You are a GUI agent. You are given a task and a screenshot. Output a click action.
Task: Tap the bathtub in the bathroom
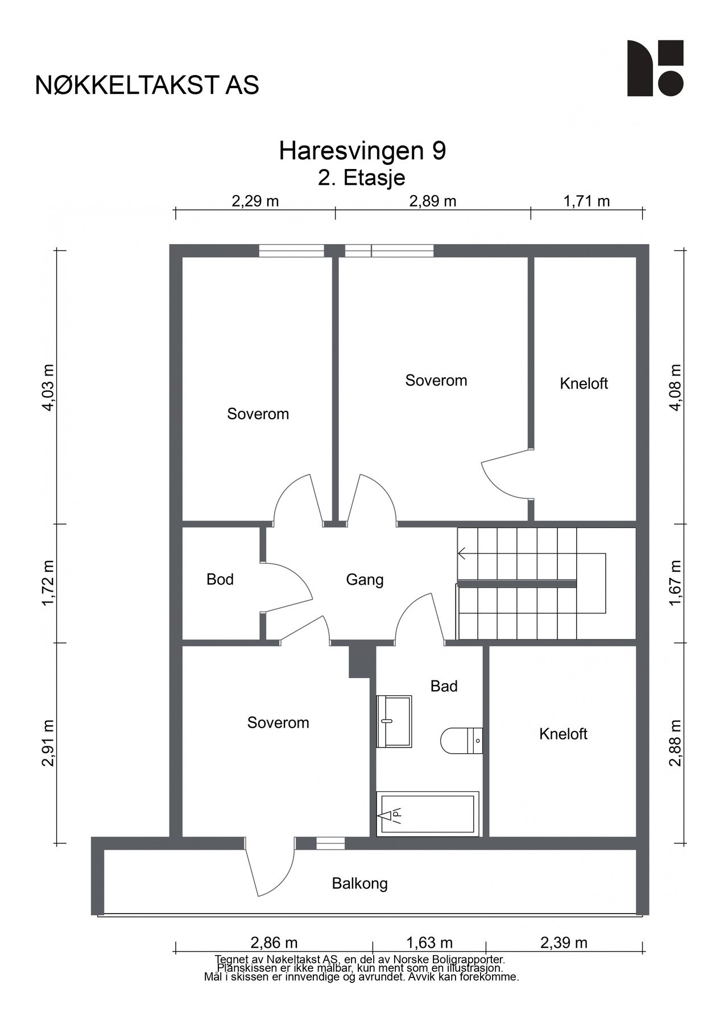click(428, 814)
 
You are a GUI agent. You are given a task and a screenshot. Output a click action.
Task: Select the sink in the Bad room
click(394, 721)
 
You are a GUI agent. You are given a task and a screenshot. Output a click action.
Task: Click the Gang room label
click(365, 580)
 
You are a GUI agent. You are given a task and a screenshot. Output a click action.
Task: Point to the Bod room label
click(220, 579)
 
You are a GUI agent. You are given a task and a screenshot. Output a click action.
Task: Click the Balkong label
click(360, 883)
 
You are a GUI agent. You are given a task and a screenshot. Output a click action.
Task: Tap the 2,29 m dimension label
click(255, 201)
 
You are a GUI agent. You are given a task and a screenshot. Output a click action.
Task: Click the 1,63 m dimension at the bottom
click(429, 943)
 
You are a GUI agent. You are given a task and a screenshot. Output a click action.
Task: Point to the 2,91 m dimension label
click(48, 743)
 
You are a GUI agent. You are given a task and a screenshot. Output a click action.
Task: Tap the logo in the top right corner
click(655, 68)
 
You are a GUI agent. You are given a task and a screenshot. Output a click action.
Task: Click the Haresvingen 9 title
click(362, 151)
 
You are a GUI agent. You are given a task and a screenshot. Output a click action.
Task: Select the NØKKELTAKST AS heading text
click(147, 85)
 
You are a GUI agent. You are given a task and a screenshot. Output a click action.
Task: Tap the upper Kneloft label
click(584, 383)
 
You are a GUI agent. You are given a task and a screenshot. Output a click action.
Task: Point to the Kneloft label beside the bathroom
click(563, 734)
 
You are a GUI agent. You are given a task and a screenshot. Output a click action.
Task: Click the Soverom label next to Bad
click(278, 722)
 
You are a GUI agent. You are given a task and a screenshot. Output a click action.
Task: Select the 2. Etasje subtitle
click(362, 178)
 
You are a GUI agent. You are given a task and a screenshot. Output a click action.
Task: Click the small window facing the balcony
click(330, 843)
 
